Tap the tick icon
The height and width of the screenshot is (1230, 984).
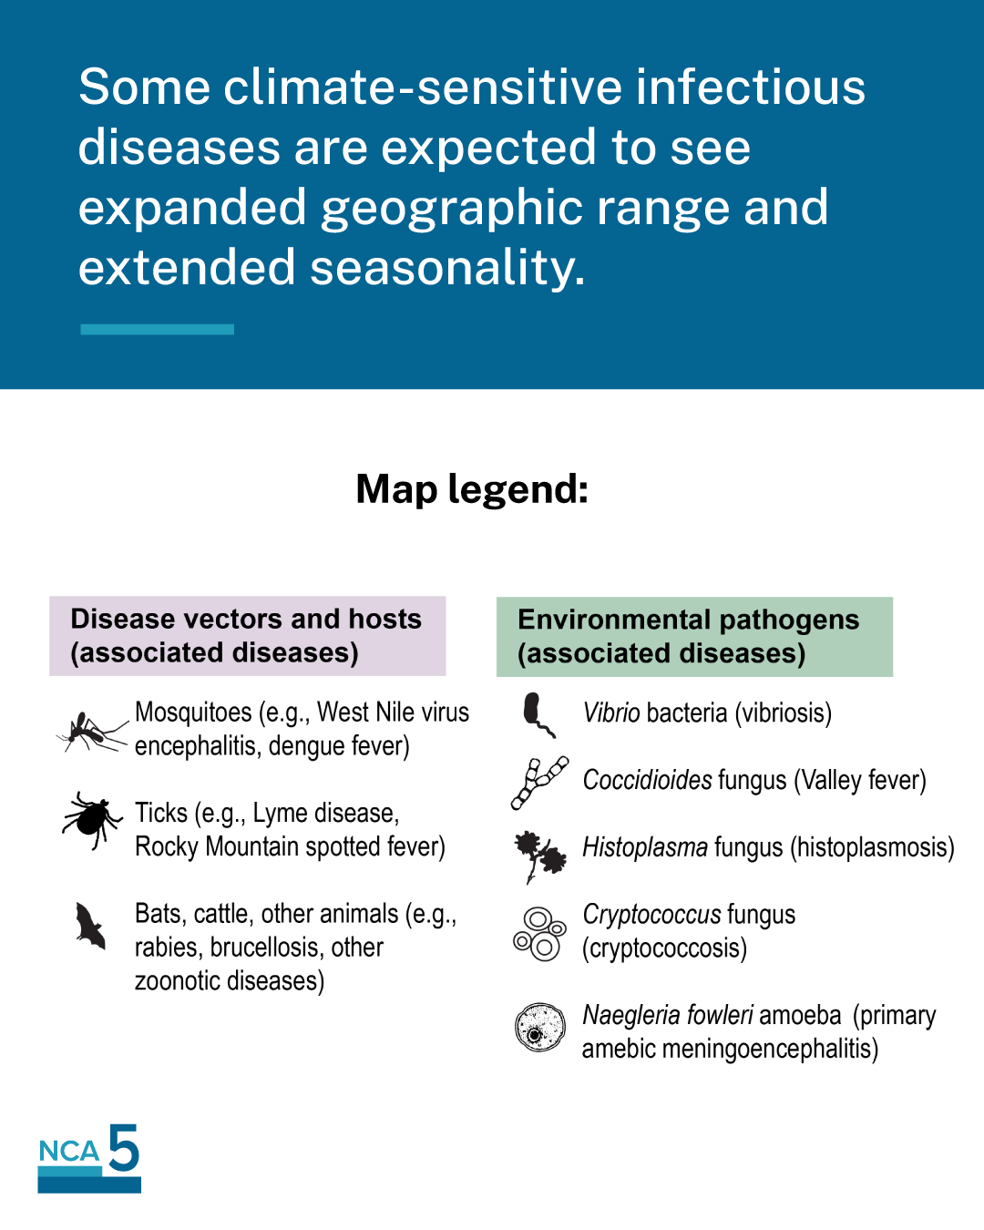(91, 820)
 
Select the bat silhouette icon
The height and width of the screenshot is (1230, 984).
(90, 926)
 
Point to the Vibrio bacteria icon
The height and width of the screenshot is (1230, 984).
(538, 714)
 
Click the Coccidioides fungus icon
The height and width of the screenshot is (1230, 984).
(538, 783)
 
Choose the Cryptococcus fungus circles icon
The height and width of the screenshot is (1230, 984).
(539, 934)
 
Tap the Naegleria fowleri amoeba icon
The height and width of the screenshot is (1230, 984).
(539, 1027)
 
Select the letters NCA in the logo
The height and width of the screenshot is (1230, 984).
(69, 1151)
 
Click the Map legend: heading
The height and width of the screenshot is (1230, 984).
(472, 490)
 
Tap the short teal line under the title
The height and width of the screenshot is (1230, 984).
(158, 329)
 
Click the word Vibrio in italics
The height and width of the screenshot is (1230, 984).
(610, 712)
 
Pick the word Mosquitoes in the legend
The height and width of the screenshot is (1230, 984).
(193, 712)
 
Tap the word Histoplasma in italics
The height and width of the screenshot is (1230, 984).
(645, 847)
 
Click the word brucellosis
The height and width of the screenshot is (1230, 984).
(263, 948)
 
